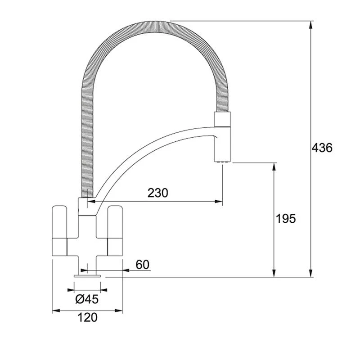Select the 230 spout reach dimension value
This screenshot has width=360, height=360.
157,193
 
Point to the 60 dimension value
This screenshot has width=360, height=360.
142,265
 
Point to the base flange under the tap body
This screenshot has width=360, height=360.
88,274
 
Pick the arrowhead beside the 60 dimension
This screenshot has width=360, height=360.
127,271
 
